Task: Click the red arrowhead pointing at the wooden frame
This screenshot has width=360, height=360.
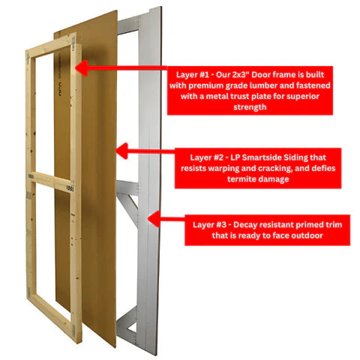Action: click(x=81, y=67)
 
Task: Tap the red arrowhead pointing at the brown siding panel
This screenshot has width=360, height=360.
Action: click(x=121, y=151)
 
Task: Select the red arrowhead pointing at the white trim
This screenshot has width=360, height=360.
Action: click(x=154, y=219)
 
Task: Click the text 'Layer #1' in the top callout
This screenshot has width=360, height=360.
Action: click(x=193, y=75)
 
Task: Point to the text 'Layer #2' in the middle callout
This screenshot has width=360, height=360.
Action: click(x=207, y=157)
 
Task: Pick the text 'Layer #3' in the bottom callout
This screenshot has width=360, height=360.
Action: click(x=209, y=224)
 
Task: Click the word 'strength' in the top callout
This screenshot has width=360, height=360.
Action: click(x=250, y=107)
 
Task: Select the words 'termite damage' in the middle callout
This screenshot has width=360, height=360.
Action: click(x=258, y=179)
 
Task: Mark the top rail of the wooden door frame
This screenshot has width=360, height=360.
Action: click(x=50, y=46)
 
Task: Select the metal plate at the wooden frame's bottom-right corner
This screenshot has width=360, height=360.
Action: click(x=74, y=329)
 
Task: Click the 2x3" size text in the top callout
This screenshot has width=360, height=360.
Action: click(x=241, y=74)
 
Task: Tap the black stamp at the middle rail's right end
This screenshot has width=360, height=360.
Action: click(x=70, y=188)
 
